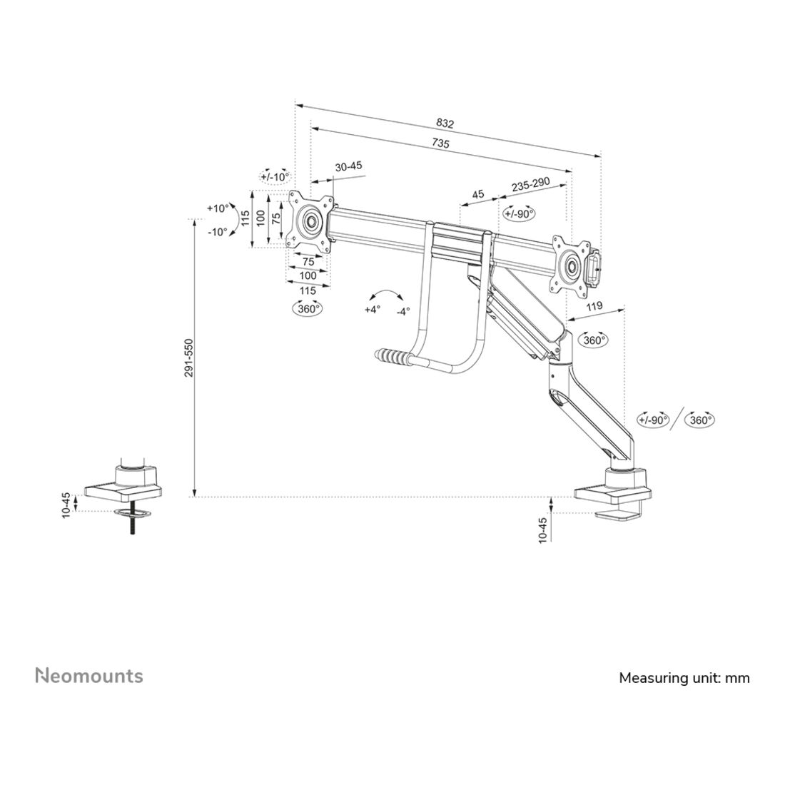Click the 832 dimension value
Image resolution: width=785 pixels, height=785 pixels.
coord(445,123)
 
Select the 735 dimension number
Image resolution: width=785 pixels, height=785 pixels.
coord(440,143)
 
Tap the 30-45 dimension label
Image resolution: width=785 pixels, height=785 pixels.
coord(348,166)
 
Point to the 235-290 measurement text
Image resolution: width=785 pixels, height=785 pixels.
coord(531,186)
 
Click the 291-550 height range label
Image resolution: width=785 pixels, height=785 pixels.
coord(188,358)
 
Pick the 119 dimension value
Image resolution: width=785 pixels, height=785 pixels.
coord(594,306)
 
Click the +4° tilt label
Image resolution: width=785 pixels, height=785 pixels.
coord(373,310)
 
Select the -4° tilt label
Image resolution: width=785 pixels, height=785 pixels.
coord(403,311)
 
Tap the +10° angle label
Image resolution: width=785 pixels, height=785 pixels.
coord(217,208)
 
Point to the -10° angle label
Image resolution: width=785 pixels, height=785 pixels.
coord(217,232)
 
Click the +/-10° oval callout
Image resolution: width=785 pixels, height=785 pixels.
coord(275,177)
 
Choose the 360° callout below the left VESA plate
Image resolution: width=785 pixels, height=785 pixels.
coord(308,309)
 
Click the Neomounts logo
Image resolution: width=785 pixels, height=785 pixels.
coord(89,675)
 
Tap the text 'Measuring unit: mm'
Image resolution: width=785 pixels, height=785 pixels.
coord(684,678)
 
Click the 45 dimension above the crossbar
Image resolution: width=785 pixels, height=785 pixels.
coord(478,194)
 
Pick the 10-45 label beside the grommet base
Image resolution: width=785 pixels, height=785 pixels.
coord(66,505)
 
